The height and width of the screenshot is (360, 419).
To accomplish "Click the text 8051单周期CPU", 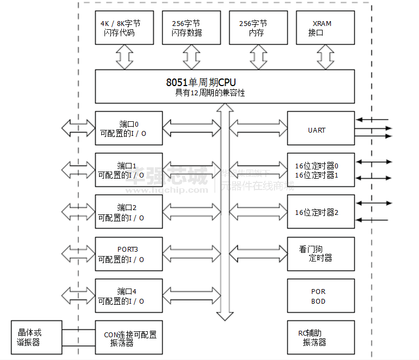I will pyautogui.click(x=201, y=83).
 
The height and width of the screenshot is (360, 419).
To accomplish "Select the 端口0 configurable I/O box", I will pyautogui.click(x=128, y=128).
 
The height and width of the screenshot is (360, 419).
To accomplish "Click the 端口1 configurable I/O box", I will pyautogui.click(x=128, y=170).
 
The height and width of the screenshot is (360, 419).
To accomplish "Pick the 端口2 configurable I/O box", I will pyautogui.click(x=128, y=212).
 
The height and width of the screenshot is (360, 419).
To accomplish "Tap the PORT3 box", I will pyautogui.click(x=128, y=254).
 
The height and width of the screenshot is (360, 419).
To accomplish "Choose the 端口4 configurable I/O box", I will pyautogui.click(x=128, y=296).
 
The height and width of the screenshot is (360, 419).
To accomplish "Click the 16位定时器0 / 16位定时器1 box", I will pyautogui.click(x=320, y=170).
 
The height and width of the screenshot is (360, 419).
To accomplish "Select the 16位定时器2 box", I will pyautogui.click(x=320, y=212).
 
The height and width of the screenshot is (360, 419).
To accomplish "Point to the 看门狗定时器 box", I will pyautogui.click(x=320, y=254).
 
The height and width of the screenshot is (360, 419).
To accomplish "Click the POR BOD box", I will pyautogui.click(x=320, y=296).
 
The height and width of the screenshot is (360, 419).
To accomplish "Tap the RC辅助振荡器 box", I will pyautogui.click(x=320, y=337).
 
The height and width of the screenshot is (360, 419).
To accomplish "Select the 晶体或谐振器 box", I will pyautogui.click(x=36, y=337).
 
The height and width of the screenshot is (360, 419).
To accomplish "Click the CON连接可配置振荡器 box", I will pyautogui.click(x=128, y=337).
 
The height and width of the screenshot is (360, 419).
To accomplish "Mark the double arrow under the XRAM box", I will pyautogui.click(x=326, y=57).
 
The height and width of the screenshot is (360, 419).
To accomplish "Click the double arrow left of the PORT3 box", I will pyautogui.click(x=78, y=253).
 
